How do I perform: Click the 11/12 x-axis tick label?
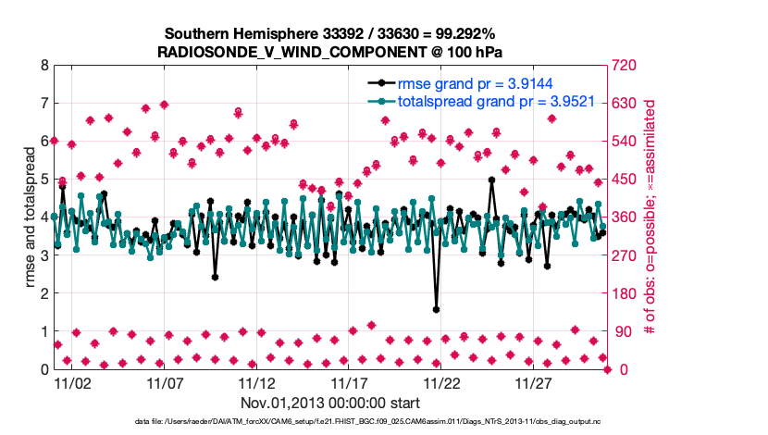[x=256, y=381]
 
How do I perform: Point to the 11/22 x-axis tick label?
[x=441, y=381]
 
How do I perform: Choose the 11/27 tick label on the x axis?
[x=534, y=381]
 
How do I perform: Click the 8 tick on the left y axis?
[x=43, y=66]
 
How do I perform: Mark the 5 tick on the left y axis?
[x=43, y=180]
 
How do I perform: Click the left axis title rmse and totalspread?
[x=28, y=217]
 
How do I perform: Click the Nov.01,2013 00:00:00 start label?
[x=330, y=403]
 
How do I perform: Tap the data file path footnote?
[x=331, y=423]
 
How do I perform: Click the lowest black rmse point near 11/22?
[x=436, y=309]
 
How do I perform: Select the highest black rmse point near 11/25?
[x=491, y=180]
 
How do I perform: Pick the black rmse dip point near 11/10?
[x=215, y=277]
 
